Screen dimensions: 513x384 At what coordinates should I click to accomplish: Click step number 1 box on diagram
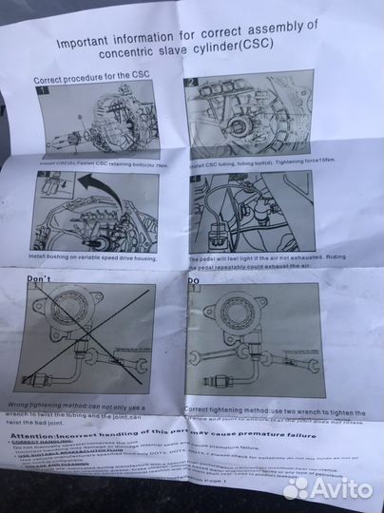pos(42,95)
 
